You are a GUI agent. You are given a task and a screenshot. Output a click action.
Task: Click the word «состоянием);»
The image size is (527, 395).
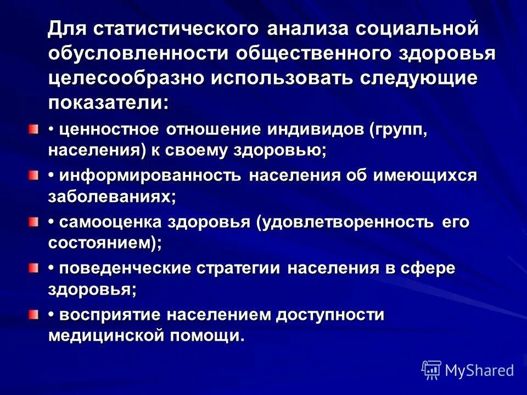pos(105,243)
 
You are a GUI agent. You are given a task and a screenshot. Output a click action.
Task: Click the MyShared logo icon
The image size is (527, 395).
pos(431,370)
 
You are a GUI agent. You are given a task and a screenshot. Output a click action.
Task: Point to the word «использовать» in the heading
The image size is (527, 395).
pos(282,78)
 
